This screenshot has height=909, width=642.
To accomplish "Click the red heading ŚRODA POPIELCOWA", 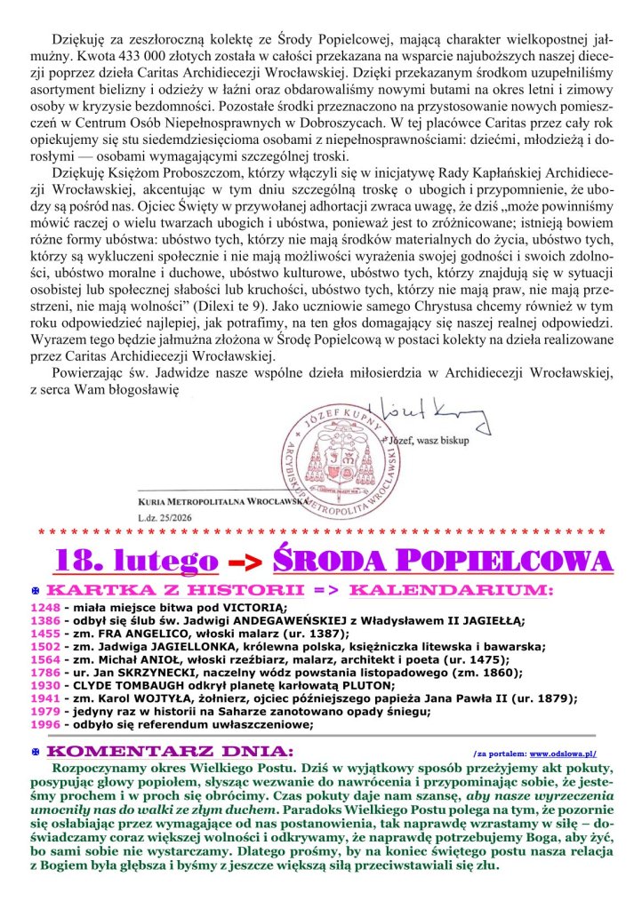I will click(442, 560).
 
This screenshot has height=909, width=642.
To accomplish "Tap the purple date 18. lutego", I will click(136, 560).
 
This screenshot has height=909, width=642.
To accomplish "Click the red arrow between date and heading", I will click(243, 562).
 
